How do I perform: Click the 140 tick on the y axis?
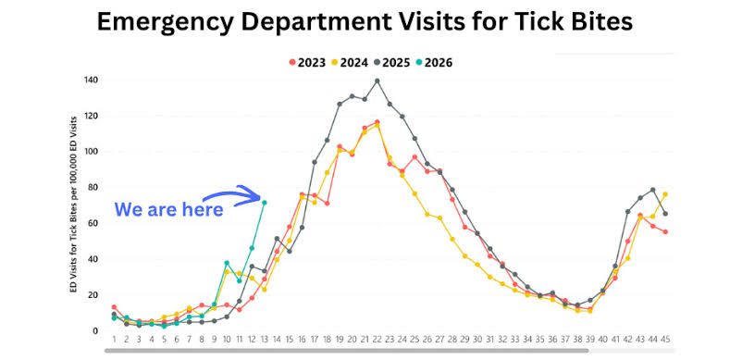91,80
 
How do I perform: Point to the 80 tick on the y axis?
93,187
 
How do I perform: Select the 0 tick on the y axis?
96,330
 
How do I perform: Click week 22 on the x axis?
377,341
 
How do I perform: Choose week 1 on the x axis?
114,341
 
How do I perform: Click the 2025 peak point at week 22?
377,81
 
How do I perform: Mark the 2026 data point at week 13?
264,203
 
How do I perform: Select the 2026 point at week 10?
227,263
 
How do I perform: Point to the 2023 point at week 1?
114,307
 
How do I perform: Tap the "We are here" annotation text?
168,210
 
